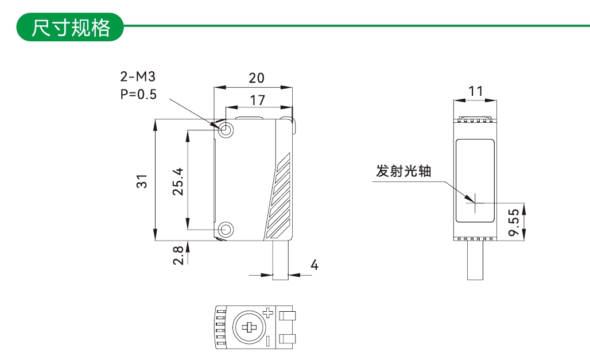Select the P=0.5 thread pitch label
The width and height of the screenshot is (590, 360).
click(x=138, y=94)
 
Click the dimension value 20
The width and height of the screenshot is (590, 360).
click(x=257, y=78)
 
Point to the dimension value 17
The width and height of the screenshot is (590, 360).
click(x=258, y=100)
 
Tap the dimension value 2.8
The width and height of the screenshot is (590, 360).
click(x=178, y=256)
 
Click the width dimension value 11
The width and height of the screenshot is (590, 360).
click(x=475, y=91)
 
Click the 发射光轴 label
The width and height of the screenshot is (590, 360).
click(x=403, y=171)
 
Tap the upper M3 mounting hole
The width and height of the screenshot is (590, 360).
click(x=227, y=130)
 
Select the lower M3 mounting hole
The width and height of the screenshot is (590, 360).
click(x=227, y=230)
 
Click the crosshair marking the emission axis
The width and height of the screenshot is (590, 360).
click(x=475, y=202)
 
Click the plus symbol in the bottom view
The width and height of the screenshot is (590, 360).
click(x=267, y=313)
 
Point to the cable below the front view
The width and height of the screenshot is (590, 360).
click(x=280, y=261)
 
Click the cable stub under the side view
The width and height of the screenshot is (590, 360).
click(x=475, y=261)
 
